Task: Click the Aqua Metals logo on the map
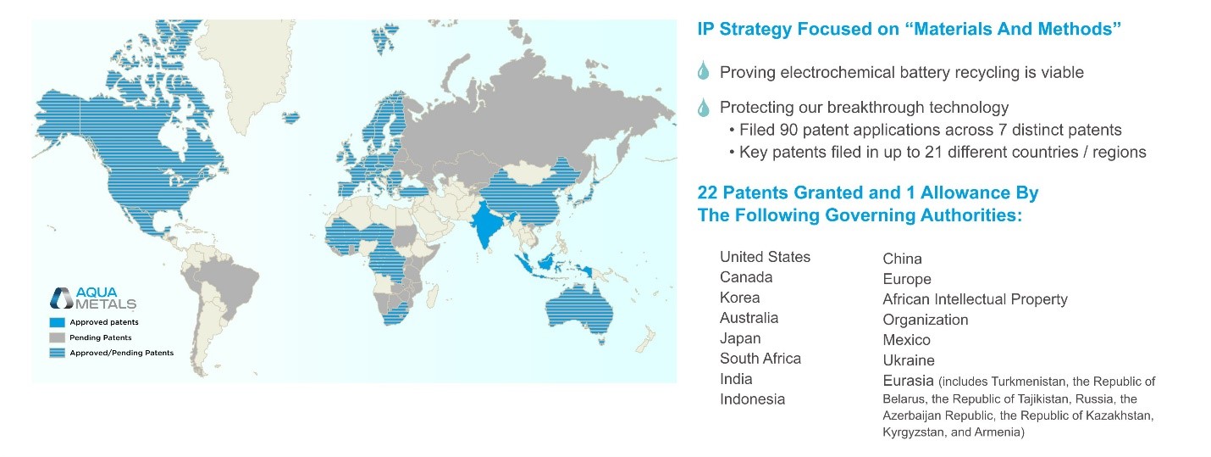click(93, 298)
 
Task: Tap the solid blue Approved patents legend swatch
click(58, 322)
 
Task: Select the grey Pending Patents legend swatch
click(58, 337)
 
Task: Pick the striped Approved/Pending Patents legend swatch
click(58, 353)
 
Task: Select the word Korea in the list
click(739, 298)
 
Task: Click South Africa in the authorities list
click(760, 359)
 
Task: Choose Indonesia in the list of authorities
click(752, 399)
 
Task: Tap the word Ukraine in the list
click(908, 360)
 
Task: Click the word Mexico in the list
click(907, 340)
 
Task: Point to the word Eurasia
click(908, 381)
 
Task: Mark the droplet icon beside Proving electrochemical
click(703, 71)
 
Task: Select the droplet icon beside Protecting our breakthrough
click(703, 107)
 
